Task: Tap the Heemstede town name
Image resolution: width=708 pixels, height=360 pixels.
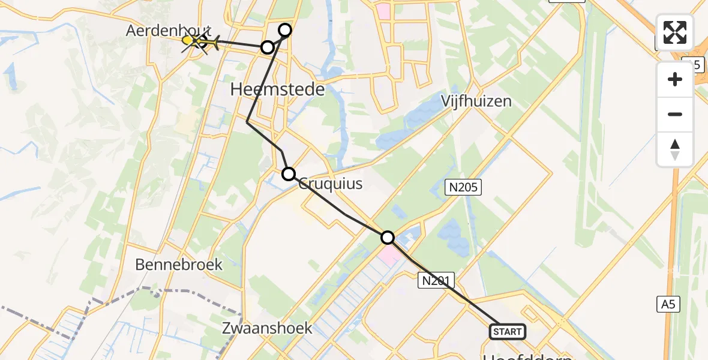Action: pyautogui.click(x=277, y=90)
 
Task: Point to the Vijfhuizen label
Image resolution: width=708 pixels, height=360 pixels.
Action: pyautogui.click(x=476, y=100)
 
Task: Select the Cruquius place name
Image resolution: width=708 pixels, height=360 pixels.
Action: pyautogui.click(x=331, y=184)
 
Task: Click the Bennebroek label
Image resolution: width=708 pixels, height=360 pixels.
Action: pyautogui.click(x=179, y=265)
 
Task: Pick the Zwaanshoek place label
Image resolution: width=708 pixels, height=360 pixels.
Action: pyautogui.click(x=267, y=328)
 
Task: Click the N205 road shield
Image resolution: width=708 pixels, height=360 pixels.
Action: pyautogui.click(x=464, y=188)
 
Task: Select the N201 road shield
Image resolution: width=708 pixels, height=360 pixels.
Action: pyautogui.click(x=436, y=280)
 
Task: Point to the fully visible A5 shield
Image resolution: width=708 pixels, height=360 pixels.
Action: pyautogui.click(x=668, y=304)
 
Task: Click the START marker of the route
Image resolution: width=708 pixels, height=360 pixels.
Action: pyautogui.click(x=508, y=331)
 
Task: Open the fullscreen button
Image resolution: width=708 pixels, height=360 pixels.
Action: pyautogui.click(x=675, y=32)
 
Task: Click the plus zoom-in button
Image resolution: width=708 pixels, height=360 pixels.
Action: pyautogui.click(x=675, y=79)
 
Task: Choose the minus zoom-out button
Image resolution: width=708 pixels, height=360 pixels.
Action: pyautogui.click(x=675, y=114)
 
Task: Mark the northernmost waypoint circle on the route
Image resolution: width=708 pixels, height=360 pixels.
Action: pyautogui.click(x=285, y=30)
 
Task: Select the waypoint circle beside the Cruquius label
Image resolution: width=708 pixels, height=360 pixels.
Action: pyautogui.click(x=289, y=174)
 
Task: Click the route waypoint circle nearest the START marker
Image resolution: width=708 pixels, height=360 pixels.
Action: pyautogui.click(x=388, y=238)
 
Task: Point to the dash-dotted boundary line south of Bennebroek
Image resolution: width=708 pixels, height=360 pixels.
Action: pyautogui.click(x=150, y=290)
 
